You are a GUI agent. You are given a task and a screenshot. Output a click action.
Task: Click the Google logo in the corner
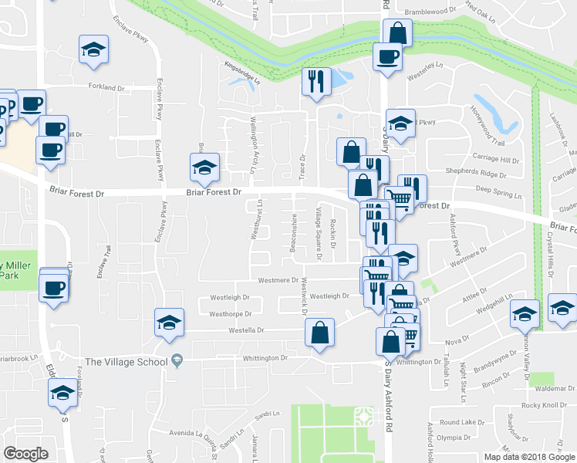click(x=25, y=453)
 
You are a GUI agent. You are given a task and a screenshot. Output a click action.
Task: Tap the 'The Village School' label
click(x=126, y=361)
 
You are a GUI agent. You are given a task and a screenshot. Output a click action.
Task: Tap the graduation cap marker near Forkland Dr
click(x=94, y=50)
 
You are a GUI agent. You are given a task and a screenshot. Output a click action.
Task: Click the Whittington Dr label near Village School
click(x=262, y=358)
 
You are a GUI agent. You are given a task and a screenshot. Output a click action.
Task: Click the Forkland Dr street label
click(x=106, y=87)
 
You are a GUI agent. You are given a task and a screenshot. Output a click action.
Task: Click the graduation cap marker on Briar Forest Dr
click(x=205, y=167)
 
